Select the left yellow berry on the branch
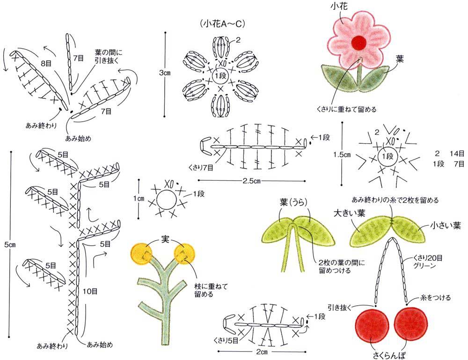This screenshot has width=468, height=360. (x=142, y=254)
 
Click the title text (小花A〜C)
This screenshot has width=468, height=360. (x=223, y=24)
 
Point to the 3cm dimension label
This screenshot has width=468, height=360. (x=164, y=73)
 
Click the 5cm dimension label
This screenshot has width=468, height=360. (x=10, y=245)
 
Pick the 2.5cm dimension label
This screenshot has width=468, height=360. (x=251, y=181)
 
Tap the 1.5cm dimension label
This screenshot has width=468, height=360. (x=342, y=155)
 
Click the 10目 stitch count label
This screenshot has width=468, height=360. (x=90, y=291)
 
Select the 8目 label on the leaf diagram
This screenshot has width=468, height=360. (x=46, y=63)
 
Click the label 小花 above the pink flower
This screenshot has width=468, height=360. (x=339, y=6)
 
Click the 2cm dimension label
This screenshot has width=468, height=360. (x=262, y=352)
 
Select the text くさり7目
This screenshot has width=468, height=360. (x=201, y=168)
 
